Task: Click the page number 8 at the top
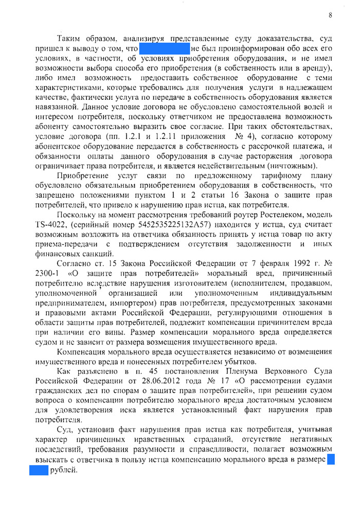330,15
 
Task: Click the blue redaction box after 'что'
164,48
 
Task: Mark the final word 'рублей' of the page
63,471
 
